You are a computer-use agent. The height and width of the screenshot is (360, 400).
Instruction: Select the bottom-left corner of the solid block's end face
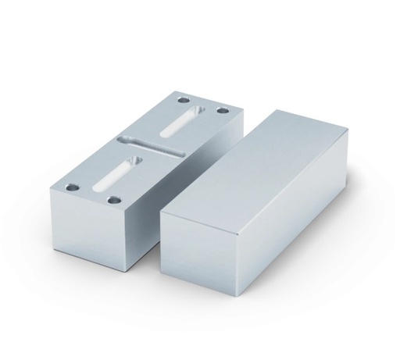pyautogui.click(x=162, y=273)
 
